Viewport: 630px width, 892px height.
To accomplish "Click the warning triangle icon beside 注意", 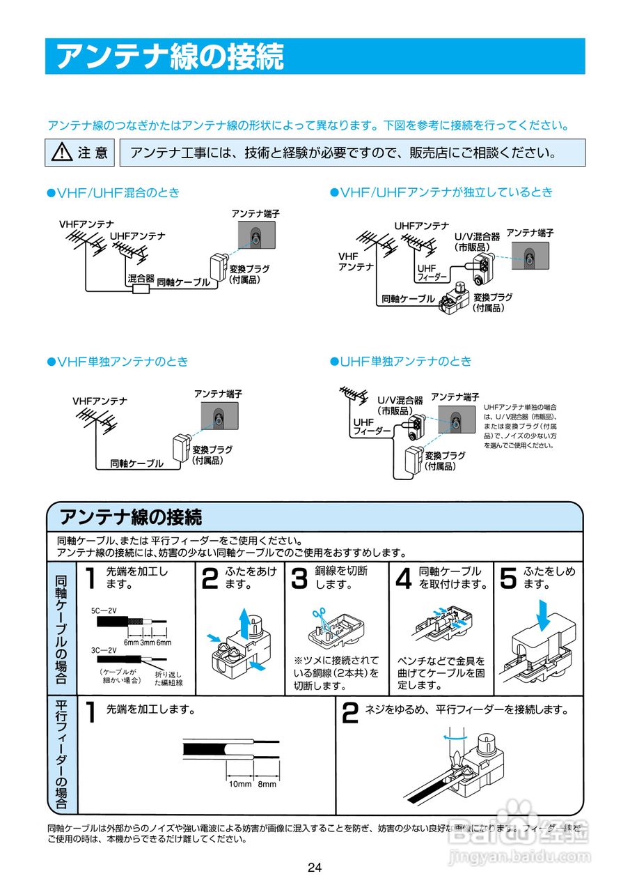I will (x=62, y=152).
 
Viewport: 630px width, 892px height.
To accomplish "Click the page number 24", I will (x=315, y=868).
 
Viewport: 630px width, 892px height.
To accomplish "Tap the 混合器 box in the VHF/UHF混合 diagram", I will (x=141, y=289).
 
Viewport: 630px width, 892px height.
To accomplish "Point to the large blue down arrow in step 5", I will (x=544, y=614).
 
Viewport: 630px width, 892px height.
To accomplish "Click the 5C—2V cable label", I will (x=104, y=610).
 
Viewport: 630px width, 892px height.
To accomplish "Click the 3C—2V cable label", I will (x=104, y=649).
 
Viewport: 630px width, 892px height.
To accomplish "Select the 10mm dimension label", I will (x=240, y=784).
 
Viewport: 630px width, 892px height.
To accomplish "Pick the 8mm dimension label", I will (x=267, y=784).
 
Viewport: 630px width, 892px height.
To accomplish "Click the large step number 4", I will (x=403, y=579).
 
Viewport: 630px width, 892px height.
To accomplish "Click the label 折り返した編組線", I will (x=168, y=679).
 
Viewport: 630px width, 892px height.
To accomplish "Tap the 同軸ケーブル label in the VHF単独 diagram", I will (x=136, y=463).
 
